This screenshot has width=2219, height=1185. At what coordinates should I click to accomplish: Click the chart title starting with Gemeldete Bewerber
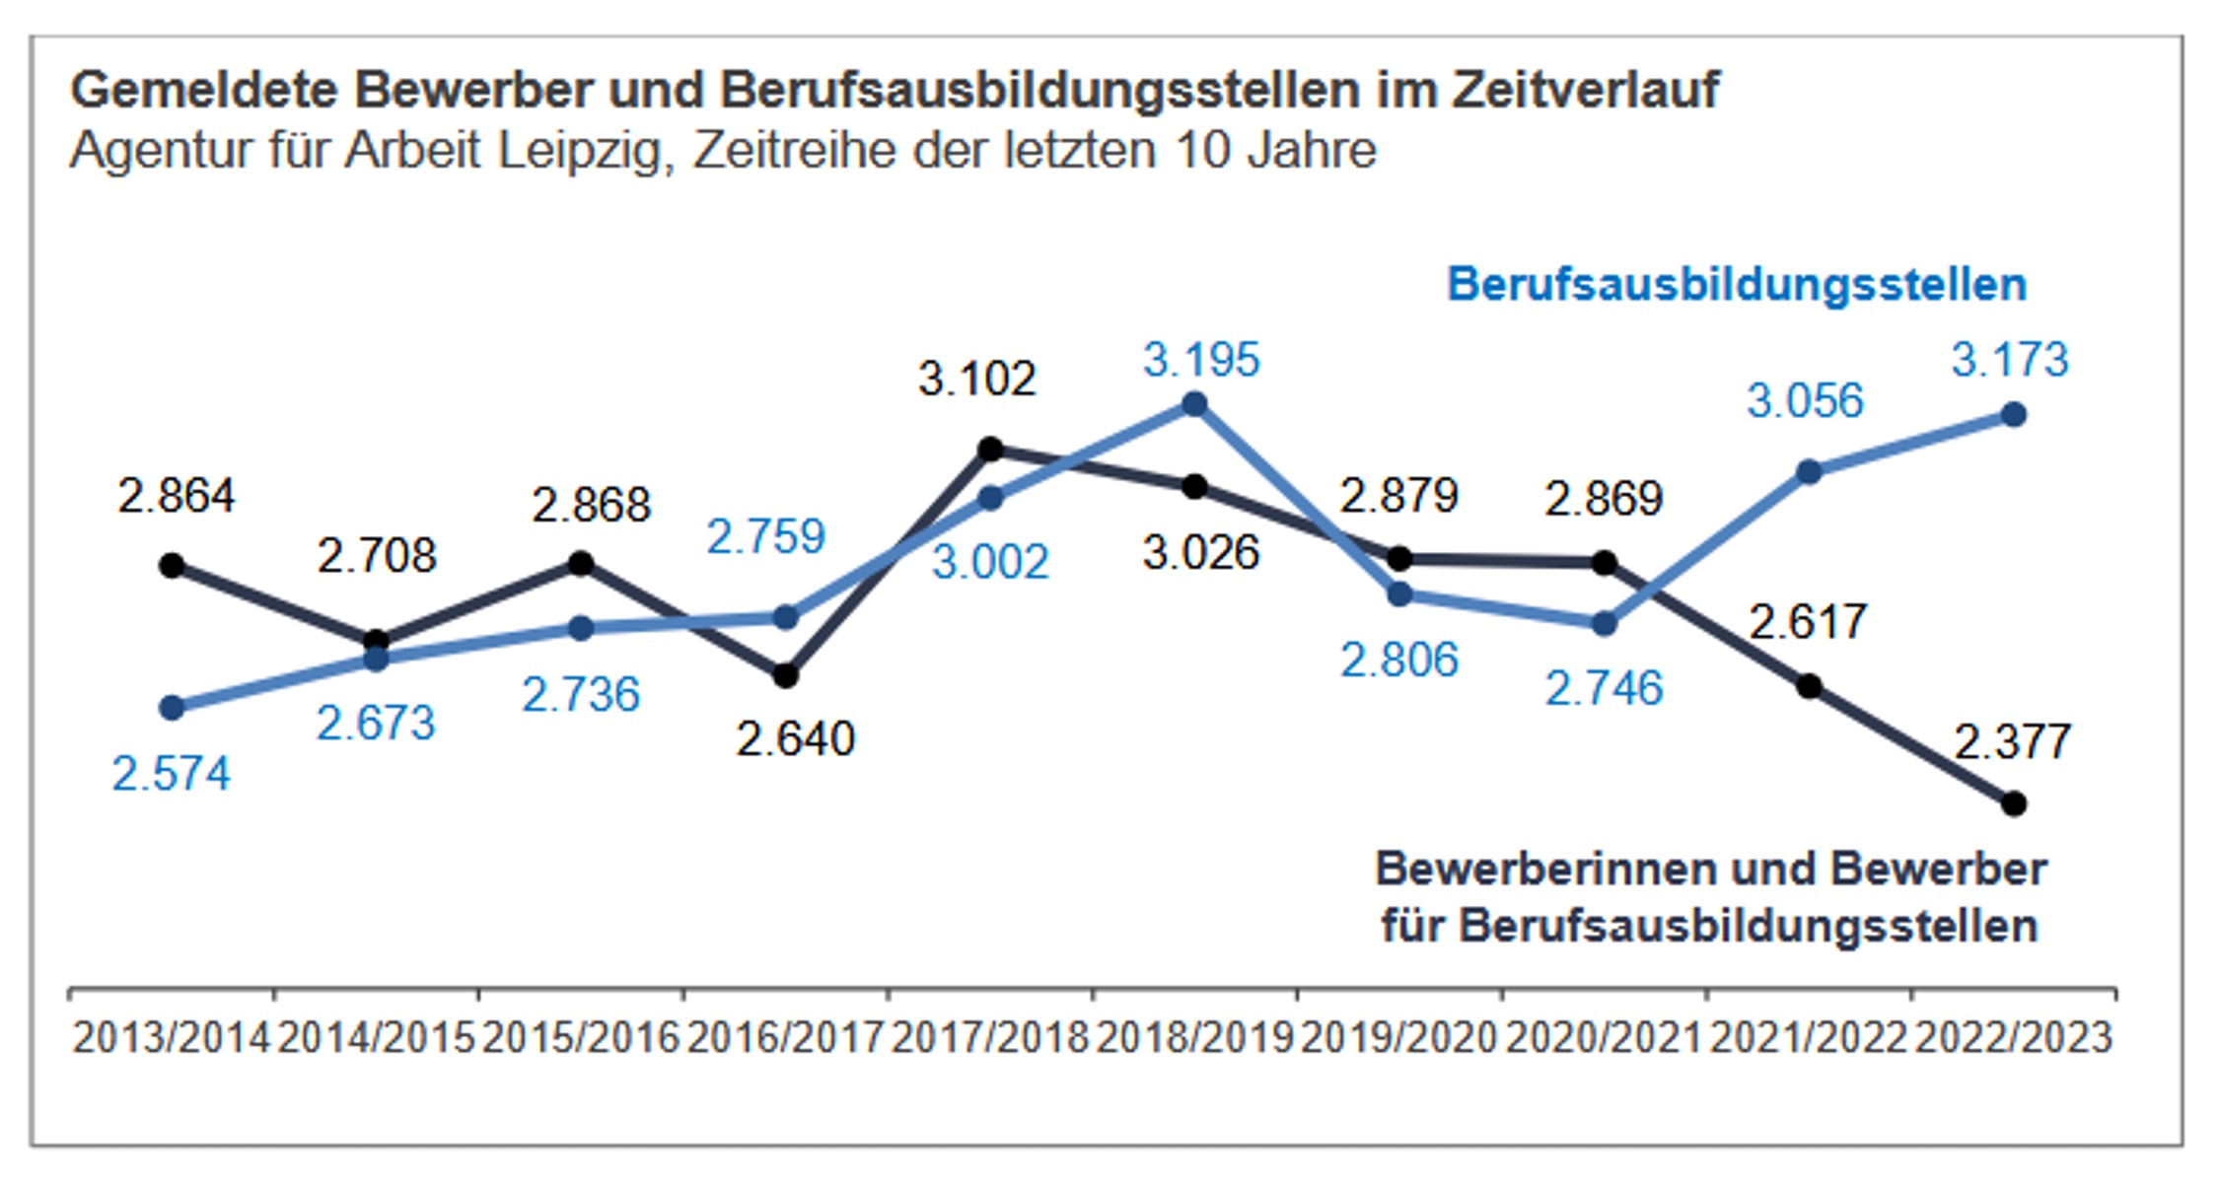(x=894, y=90)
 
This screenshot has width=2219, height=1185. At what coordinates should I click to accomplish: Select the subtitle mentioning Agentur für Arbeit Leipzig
(x=722, y=151)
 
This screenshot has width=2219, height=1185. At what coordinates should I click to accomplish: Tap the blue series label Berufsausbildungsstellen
(x=1736, y=284)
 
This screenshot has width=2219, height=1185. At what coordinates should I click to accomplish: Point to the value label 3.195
(x=1201, y=360)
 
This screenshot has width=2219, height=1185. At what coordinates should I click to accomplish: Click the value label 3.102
(x=976, y=380)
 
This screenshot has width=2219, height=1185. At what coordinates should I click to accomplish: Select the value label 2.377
(x=2012, y=742)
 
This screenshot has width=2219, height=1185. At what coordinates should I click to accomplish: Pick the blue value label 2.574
(x=171, y=774)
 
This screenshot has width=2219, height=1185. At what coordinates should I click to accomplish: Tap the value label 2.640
(x=795, y=739)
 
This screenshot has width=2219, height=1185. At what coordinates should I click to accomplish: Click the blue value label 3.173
(x=2009, y=360)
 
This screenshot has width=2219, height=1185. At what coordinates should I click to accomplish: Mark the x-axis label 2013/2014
(x=171, y=1038)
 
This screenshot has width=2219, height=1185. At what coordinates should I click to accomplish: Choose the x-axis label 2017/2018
(x=989, y=1038)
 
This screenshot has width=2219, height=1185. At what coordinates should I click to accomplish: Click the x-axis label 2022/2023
(x=2013, y=1038)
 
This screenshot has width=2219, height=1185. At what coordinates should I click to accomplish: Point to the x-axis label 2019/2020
(x=1398, y=1038)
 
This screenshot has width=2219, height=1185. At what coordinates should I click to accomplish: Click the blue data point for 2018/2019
(x=1194, y=403)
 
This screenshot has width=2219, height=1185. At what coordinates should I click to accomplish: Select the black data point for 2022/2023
(x=2014, y=803)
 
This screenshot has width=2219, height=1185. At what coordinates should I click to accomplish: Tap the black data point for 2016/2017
(x=785, y=676)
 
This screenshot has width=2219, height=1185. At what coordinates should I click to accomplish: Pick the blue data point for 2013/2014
(x=172, y=707)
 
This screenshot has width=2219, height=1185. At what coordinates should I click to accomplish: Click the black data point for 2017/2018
(x=990, y=450)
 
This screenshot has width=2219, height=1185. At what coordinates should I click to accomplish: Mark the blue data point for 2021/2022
(x=1809, y=472)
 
